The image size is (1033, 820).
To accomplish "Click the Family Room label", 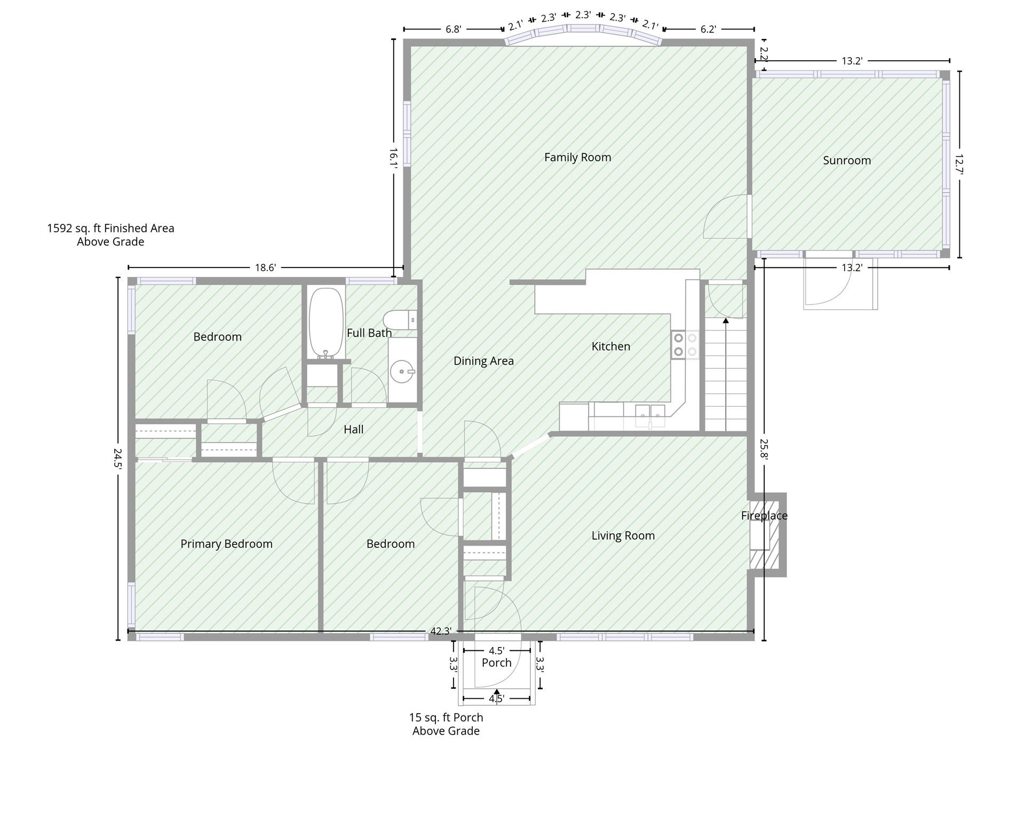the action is click(x=577, y=157).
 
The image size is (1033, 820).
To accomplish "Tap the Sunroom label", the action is click(x=847, y=161).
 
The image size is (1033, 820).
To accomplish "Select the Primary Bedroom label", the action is click(x=226, y=544).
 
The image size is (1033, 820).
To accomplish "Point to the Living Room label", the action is click(x=623, y=536).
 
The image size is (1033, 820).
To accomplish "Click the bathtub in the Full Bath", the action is click(x=326, y=323).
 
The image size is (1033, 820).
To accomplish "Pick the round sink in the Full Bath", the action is click(x=402, y=370).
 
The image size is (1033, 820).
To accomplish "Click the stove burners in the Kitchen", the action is click(x=685, y=344).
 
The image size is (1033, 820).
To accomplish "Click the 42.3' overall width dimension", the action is click(x=441, y=631).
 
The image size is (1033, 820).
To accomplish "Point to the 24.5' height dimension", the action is click(x=118, y=458).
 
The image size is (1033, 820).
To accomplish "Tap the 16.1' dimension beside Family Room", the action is click(x=393, y=159).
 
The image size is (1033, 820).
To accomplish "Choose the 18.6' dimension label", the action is click(x=265, y=267).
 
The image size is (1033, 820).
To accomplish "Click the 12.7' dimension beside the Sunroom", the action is click(x=959, y=164).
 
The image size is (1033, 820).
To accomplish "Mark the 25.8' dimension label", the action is click(x=764, y=449).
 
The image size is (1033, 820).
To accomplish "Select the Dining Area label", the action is click(x=483, y=361).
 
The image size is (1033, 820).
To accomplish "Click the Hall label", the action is click(x=353, y=429).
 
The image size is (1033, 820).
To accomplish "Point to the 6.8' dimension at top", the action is click(x=453, y=29).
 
